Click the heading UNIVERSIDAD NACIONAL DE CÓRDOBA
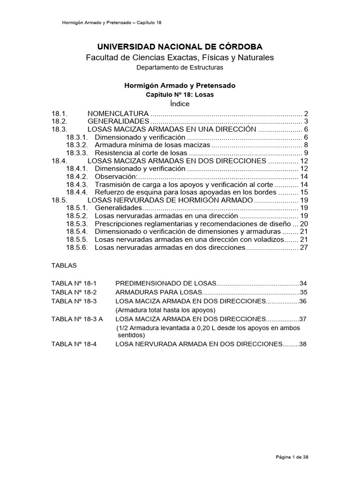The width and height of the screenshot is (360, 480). (180, 46)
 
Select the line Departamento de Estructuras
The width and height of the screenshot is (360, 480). (180, 67)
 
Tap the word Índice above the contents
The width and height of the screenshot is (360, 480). (180, 103)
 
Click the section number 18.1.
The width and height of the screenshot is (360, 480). (60, 114)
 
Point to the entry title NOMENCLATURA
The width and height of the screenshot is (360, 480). (118, 114)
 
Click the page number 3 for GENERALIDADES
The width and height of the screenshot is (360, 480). (305, 121)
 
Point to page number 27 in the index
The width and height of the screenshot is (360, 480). (303, 247)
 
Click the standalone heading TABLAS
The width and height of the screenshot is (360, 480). (64, 265)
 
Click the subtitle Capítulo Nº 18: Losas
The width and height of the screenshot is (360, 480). (180, 94)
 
